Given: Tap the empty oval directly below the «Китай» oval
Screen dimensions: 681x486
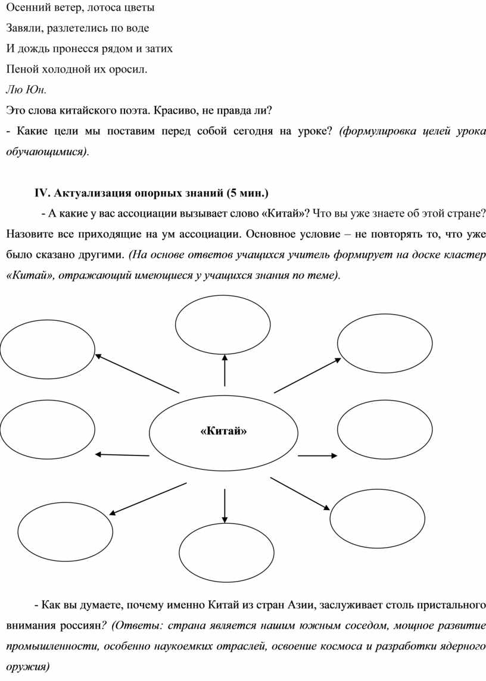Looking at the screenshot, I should tap(226, 551).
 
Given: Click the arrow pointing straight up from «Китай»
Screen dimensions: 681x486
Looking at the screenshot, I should tap(225, 370).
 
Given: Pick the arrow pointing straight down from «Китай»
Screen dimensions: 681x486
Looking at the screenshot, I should tap(225, 504).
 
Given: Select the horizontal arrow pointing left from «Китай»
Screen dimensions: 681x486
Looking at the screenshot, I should tap(122, 455).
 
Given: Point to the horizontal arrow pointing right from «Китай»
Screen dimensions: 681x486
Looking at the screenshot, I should tap(317, 456).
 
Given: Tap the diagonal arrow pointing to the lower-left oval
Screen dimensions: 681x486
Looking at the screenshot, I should tap(145, 498).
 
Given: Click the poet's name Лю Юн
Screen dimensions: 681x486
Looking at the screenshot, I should tap(24, 89).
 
